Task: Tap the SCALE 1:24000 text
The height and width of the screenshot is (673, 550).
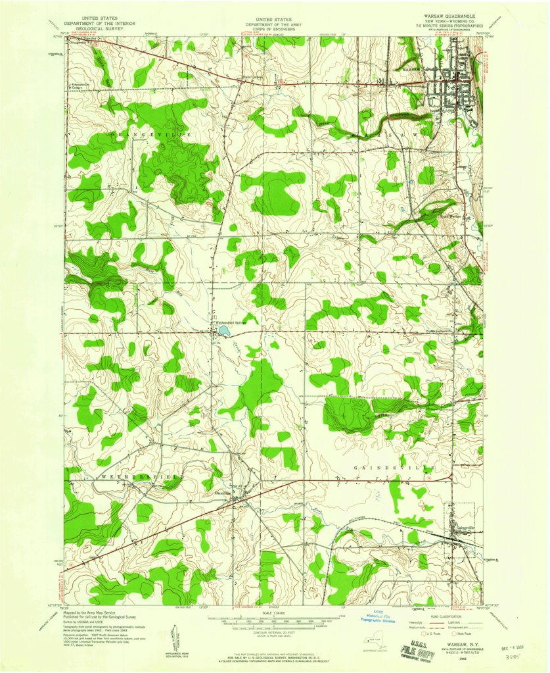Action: click(275, 614)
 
